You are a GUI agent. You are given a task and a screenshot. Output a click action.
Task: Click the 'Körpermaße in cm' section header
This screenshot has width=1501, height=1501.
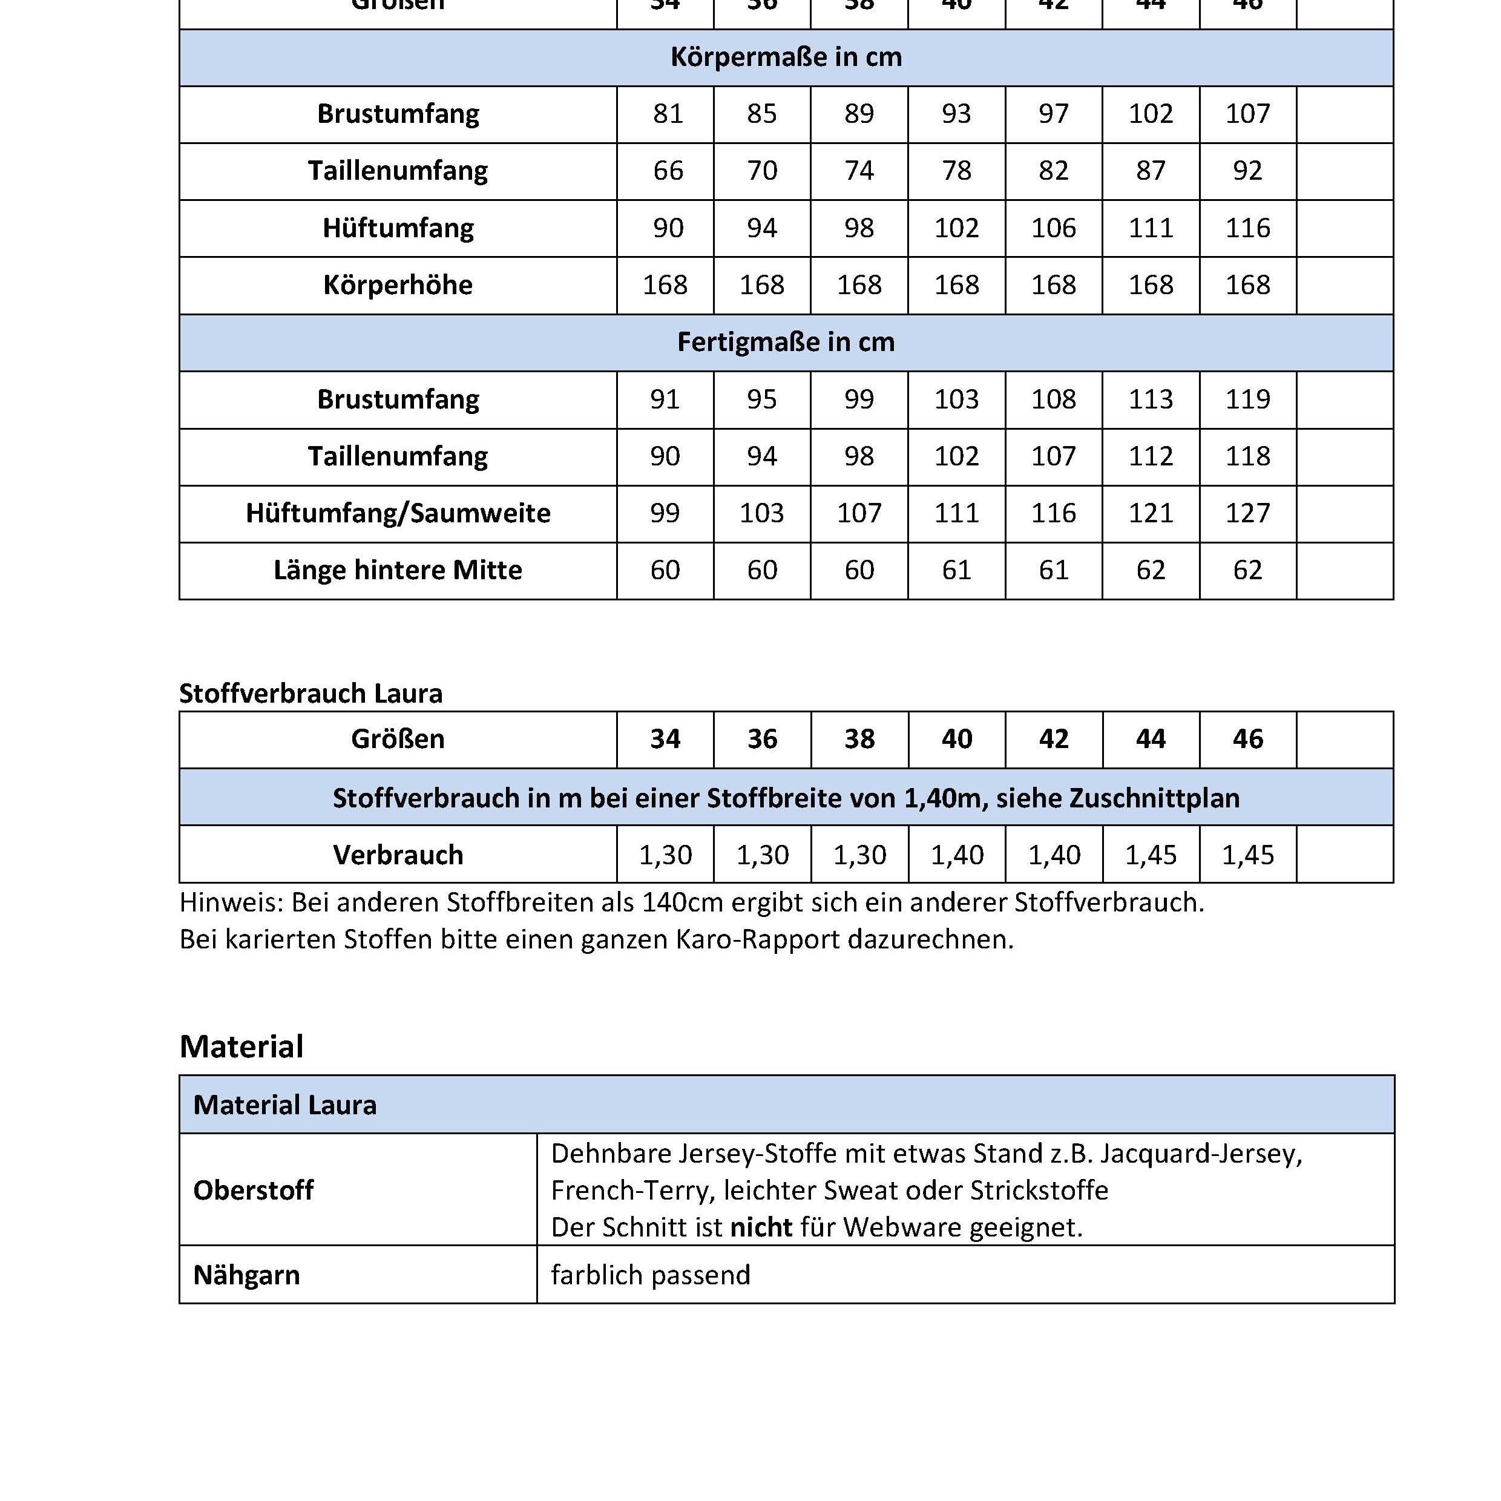tap(786, 57)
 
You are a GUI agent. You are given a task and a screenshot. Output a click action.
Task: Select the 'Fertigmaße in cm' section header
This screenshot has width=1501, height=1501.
tap(786, 343)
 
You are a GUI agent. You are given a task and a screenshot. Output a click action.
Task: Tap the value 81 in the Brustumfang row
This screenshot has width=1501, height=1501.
tap(668, 114)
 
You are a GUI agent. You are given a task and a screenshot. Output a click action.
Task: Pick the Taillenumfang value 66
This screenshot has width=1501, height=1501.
tap(668, 171)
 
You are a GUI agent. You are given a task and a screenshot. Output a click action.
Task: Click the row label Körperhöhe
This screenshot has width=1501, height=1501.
tap(398, 285)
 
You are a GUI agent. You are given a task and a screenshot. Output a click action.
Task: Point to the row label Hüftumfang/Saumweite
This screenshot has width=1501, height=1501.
tap(398, 513)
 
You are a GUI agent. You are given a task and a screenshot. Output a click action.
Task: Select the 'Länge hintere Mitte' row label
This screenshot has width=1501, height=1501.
tap(398, 570)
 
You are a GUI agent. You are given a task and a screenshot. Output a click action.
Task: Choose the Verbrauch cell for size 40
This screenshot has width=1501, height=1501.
tap(956, 855)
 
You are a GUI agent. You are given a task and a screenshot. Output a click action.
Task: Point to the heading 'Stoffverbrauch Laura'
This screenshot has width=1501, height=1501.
tap(310, 694)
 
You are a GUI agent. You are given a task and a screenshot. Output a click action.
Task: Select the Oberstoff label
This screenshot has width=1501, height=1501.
tap(253, 1191)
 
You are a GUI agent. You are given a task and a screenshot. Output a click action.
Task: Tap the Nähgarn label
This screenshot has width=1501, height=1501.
tap(246, 1275)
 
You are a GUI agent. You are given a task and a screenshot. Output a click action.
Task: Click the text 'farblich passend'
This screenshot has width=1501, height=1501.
tap(650, 1275)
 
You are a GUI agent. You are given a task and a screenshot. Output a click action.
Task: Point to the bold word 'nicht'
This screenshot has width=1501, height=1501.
tap(761, 1227)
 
